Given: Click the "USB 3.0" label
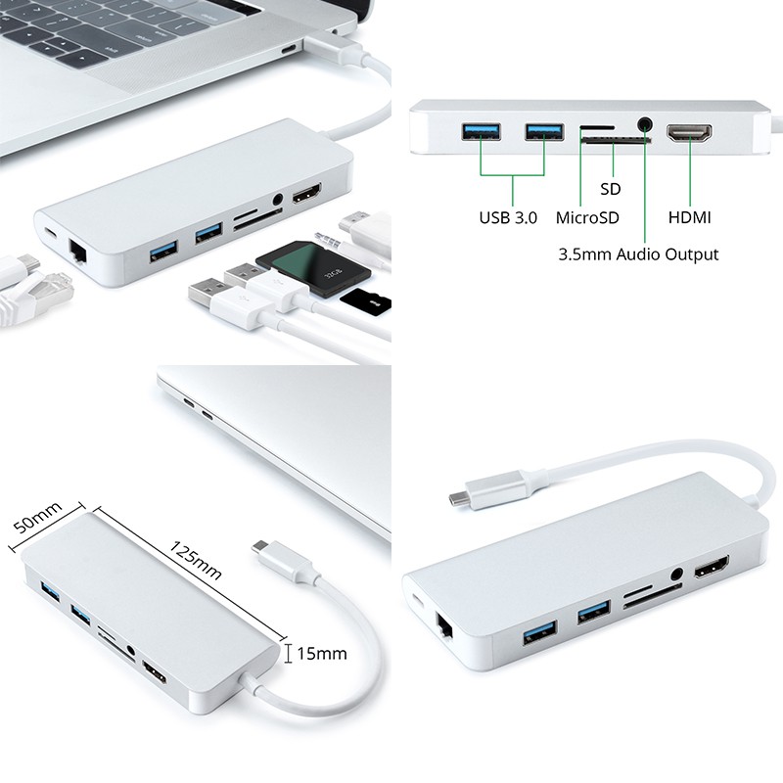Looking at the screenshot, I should [508, 217].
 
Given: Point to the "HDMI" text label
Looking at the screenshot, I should [690, 217].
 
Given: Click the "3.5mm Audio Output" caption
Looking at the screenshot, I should [638, 254].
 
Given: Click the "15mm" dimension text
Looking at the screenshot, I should [322, 653].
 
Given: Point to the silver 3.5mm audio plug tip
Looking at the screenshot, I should [324, 235].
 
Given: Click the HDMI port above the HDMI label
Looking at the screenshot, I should [690, 135].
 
